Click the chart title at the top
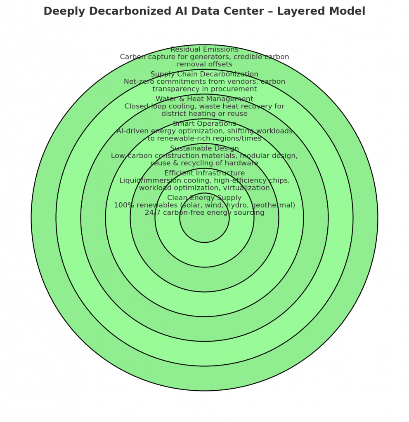tap(204, 12)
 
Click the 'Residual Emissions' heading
tap(204, 49)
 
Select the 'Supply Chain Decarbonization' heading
tap(204, 74)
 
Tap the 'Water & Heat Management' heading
tap(204, 99)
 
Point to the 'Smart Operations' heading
tap(204, 124)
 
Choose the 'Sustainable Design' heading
tap(204, 148)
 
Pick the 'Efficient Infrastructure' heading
tap(204, 173)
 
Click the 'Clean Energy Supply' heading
tap(204, 198)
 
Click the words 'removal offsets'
tap(204, 64)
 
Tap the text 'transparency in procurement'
tap(204, 89)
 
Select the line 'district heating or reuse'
tap(204, 114)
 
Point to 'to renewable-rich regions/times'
tap(204, 138)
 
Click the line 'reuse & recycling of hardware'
tap(204, 163)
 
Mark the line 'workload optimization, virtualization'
tap(204, 188)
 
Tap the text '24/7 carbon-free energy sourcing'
tap(204, 213)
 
